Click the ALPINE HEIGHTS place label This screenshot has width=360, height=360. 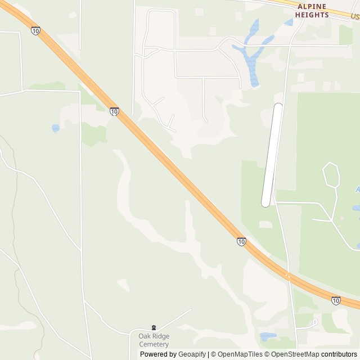312,10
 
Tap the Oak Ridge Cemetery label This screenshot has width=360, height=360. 154,340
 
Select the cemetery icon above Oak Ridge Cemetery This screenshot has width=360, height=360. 154,327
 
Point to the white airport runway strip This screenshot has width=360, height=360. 272,155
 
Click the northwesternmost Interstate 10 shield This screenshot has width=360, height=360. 36,31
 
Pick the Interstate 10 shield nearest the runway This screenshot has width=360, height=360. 241,241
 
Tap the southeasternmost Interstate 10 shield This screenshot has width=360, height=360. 336,300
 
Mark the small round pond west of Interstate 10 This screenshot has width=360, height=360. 56,128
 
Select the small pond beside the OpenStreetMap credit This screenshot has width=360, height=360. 268,336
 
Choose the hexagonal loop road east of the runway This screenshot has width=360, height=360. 331,175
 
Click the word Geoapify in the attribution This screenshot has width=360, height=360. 192,354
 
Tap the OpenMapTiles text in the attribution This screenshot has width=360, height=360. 240,354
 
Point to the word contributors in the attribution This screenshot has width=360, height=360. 339,354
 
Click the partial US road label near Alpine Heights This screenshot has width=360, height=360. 354,17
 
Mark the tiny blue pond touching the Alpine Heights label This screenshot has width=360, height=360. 289,22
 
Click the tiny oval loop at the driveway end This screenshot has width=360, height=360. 315,322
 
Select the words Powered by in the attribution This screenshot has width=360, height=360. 158,354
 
